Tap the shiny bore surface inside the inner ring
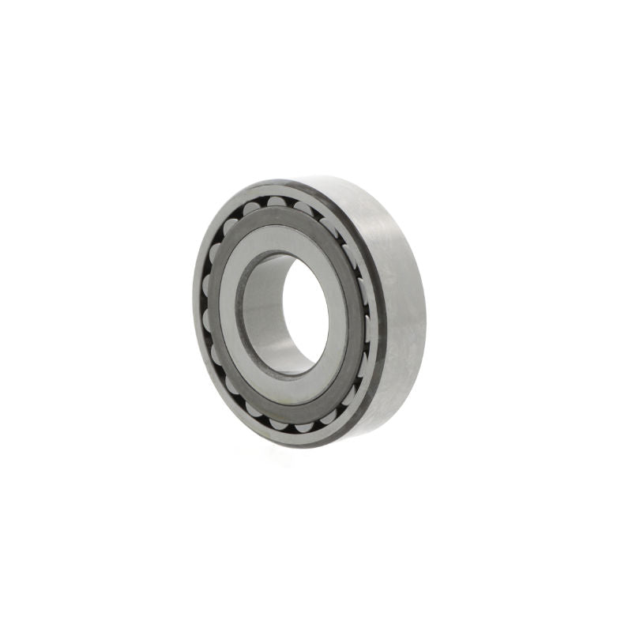point(265,316)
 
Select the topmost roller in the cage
point(276,203)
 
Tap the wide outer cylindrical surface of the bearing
point(399,308)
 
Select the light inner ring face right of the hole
point(340,316)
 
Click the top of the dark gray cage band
point(276,215)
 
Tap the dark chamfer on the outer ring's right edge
point(379,316)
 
